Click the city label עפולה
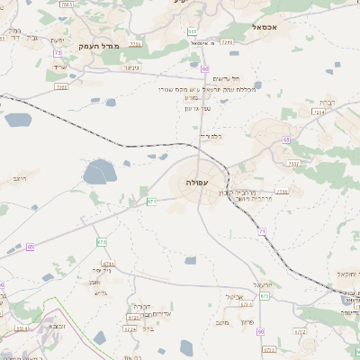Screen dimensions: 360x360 coord(198,184)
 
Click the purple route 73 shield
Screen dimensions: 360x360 coord(58,54)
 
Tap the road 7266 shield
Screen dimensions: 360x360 coord(226,41)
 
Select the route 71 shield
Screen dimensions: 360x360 coord(262,232)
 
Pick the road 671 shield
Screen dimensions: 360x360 coord(152,202)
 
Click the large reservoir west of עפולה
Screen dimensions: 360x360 coord(97,171)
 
